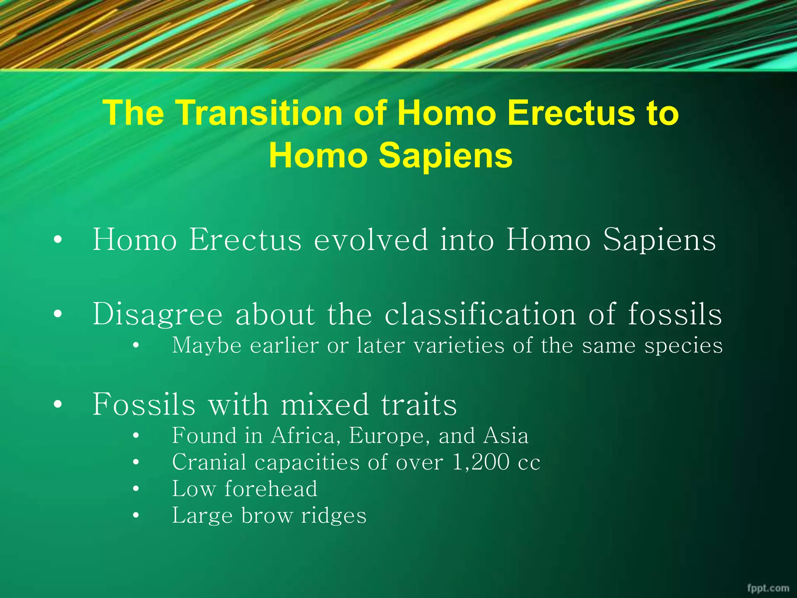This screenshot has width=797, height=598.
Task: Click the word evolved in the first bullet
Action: point(370,240)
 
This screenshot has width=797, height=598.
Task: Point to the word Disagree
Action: point(157,315)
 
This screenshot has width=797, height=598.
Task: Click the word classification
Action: point(480,314)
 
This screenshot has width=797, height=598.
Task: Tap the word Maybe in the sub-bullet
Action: point(207,346)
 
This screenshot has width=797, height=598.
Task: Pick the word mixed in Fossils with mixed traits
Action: point(324,405)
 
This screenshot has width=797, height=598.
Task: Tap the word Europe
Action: point(390,436)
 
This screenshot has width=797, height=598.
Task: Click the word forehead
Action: point(271,489)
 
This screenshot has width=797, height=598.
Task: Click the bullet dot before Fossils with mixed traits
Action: point(58,405)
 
